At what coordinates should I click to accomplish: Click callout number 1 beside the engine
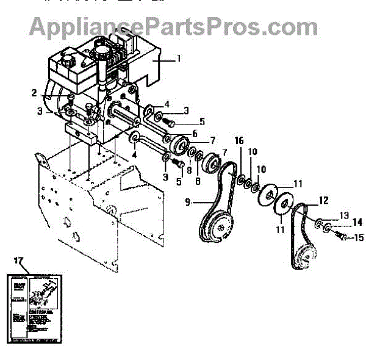coord(179,59)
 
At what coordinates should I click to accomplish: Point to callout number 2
coord(34,93)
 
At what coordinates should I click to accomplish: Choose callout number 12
coord(323,200)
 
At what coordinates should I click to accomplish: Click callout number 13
coord(344,215)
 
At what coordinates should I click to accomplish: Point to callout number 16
coord(239,141)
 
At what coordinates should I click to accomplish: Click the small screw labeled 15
coord(342,236)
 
